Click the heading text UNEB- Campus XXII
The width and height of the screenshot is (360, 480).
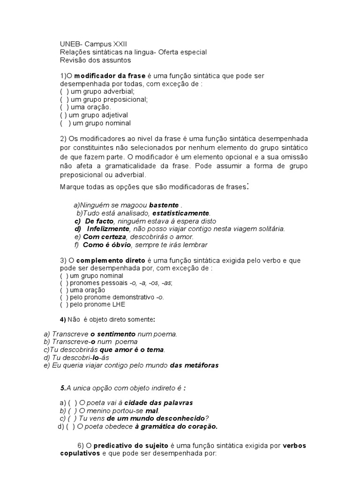[x=90, y=44]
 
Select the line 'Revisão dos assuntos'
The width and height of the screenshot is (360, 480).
[x=96, y=60]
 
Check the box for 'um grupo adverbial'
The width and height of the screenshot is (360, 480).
[x=64, y=91]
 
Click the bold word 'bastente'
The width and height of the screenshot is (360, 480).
[x=164, y=205]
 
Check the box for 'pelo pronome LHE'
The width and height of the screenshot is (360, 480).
[x=64, y=304]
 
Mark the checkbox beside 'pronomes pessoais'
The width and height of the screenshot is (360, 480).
[x=64, y=283]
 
